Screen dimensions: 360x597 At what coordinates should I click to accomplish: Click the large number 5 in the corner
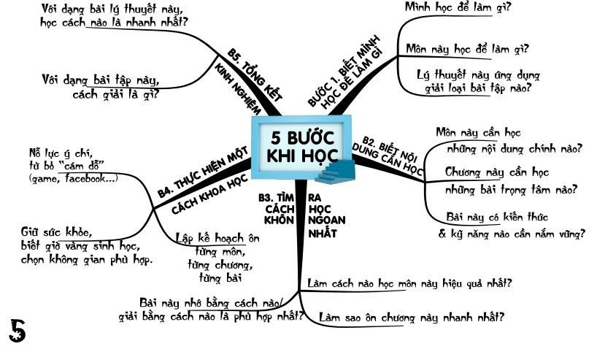click(18, 330)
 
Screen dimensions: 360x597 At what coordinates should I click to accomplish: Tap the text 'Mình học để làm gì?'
click(458, 8)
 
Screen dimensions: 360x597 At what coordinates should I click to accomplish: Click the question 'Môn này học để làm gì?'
click(467, 50)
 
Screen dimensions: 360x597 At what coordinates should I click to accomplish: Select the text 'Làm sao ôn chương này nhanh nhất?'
click(412, 318)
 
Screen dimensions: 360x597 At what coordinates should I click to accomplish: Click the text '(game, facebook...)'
click(72, 178)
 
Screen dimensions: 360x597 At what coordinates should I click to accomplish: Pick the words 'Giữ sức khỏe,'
click(56, 233)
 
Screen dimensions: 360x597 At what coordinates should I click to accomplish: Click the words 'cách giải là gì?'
click(116, 94)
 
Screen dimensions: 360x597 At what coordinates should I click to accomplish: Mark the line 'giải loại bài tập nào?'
click(477, 88)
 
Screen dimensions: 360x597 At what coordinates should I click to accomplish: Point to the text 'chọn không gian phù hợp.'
click(86, 260)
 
